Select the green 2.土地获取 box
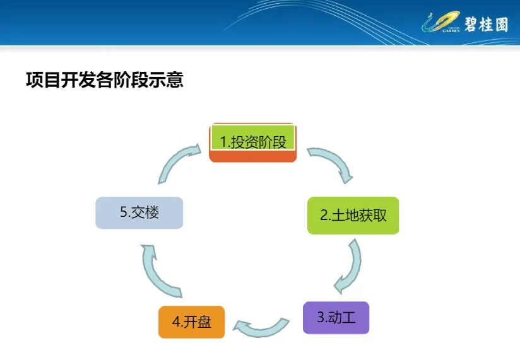pos(353,215)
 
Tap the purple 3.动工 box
pos(336,317)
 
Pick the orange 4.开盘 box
pos(191,322)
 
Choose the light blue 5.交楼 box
pos(139,212)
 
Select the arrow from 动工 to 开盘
pos(261,325)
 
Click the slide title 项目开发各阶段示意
pos(104,80)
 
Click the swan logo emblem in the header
pos(442,25)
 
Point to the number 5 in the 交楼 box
pos(124,212)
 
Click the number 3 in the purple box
pos(321,317)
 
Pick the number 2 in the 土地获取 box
pos(324,216)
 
